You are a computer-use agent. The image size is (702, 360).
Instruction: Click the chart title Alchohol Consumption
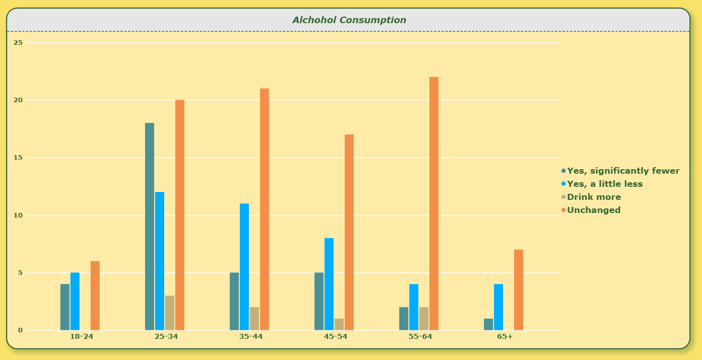(349, 20)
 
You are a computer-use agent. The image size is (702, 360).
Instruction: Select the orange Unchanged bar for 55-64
(434, 203)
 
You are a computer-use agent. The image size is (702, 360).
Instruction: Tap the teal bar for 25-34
(150, 227)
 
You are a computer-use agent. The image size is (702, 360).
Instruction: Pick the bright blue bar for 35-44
(244, 267)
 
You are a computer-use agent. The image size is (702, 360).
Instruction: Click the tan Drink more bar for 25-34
(170, 313)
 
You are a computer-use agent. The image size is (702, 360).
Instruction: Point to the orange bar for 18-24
(95, 296)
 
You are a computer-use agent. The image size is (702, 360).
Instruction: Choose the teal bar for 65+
(488, 325)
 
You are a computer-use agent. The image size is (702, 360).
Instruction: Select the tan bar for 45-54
(339, 325)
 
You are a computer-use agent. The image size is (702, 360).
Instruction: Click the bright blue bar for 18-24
(75, 302)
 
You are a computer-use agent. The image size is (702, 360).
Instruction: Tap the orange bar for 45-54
(349, 233)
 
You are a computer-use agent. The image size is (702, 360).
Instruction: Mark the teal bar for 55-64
(404, 319)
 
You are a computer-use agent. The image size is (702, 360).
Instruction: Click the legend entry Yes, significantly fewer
(620, 171)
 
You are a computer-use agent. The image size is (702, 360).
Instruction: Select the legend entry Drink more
(591, 197)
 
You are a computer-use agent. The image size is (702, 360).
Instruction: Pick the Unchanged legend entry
(591, 210)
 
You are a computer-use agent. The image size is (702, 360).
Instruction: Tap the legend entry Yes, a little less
(602, 184)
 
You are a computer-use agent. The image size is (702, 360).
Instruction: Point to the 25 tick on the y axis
(18, 43)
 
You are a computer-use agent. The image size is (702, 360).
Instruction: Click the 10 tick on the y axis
(18, 215)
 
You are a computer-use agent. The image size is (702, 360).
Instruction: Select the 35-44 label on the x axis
(251, 337)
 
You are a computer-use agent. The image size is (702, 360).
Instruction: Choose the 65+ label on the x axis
(505, 337)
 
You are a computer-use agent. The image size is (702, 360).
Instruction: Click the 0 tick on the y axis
(20, 330)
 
